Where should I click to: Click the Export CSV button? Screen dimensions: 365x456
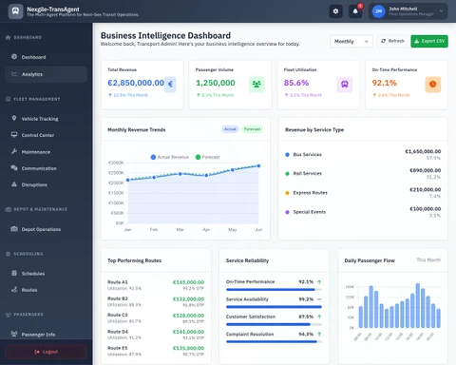tap(429, 41)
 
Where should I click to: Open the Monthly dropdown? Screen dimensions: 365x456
tap(351, 41)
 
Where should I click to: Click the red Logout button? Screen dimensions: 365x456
tap(46, 352)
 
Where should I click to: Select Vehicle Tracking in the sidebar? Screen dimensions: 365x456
tap(40, 119)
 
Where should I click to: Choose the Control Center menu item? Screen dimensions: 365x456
tap(38, 135)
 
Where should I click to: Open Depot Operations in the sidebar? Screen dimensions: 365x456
tap(41, 229)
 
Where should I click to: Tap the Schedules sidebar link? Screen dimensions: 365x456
tap(33, 273)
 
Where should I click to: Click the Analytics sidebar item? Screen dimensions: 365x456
tap(32, 73)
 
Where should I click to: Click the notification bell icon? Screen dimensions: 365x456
tap(356, 11)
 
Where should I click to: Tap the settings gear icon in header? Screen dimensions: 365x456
tap(335, 11)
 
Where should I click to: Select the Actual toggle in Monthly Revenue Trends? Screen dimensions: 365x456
tap(230, 128)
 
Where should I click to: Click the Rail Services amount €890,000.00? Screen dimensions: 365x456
tap(423, 170)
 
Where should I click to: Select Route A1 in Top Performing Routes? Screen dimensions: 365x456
tap(118, 282)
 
